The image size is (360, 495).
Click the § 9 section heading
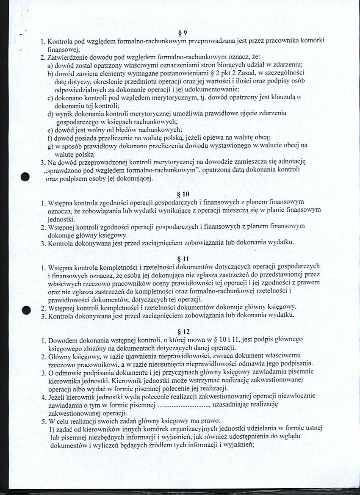point(183,33)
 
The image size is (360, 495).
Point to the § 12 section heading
point(183,332)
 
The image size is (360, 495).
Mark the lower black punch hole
point(27,310)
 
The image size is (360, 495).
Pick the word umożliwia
point(194,113)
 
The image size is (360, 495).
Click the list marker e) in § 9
point(50,129)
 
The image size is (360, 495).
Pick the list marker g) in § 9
point(50,145)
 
